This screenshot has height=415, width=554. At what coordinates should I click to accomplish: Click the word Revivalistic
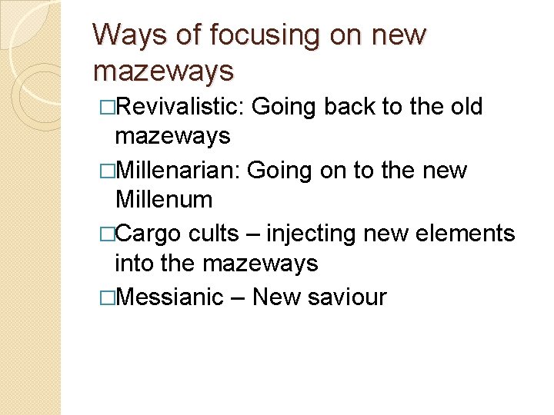(179, 106)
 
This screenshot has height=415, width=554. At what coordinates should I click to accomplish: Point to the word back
(349, 106)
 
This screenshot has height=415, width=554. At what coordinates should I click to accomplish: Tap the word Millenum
(163, 201)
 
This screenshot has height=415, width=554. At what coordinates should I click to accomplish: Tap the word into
(135, 264)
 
